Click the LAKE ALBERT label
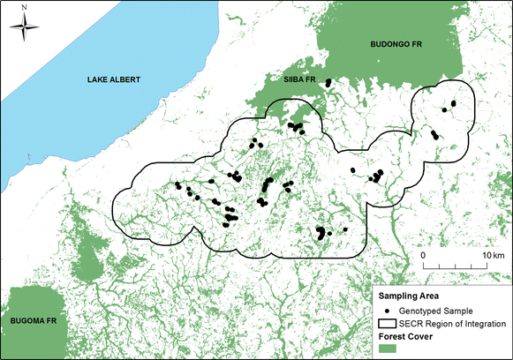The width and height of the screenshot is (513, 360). click(114, 80)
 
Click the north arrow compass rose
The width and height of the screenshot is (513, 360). click(24, 26)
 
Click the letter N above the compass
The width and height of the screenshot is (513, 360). click(24, 7)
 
